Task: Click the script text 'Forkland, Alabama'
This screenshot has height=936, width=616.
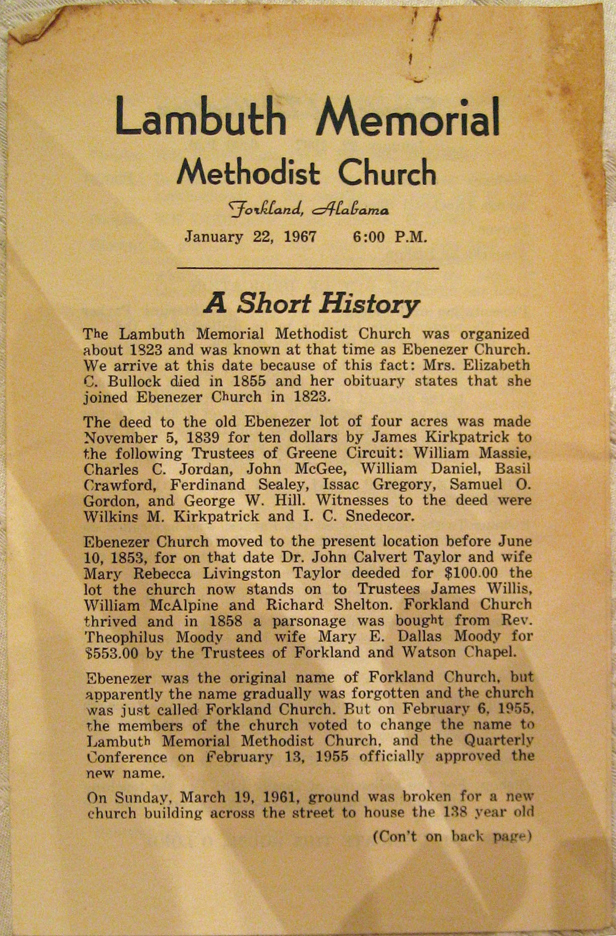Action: [308, 208]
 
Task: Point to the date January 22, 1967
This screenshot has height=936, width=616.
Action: [250, 236]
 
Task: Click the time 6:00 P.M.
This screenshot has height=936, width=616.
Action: [390, 236]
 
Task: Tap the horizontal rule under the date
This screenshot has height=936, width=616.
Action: [308, 269]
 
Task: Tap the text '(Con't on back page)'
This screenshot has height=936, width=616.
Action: [452, 837]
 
